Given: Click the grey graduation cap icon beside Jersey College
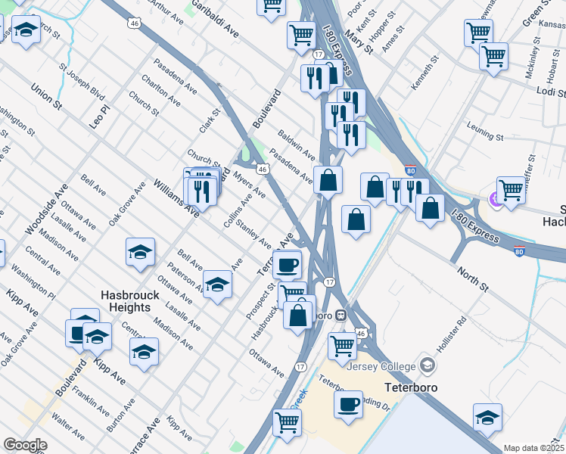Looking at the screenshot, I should pos(427,367).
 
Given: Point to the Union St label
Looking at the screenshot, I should pos(45,98).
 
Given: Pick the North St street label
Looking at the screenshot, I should pos(471,277).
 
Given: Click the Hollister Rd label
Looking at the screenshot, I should pos(452,334).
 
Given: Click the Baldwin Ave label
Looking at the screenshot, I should pos(296,144).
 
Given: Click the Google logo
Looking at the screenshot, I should pos(25,445).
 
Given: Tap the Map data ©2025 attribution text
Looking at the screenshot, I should pos(533,448).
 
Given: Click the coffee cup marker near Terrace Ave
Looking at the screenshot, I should pos(287,265).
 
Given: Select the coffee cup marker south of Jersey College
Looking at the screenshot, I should pos(349,404).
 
